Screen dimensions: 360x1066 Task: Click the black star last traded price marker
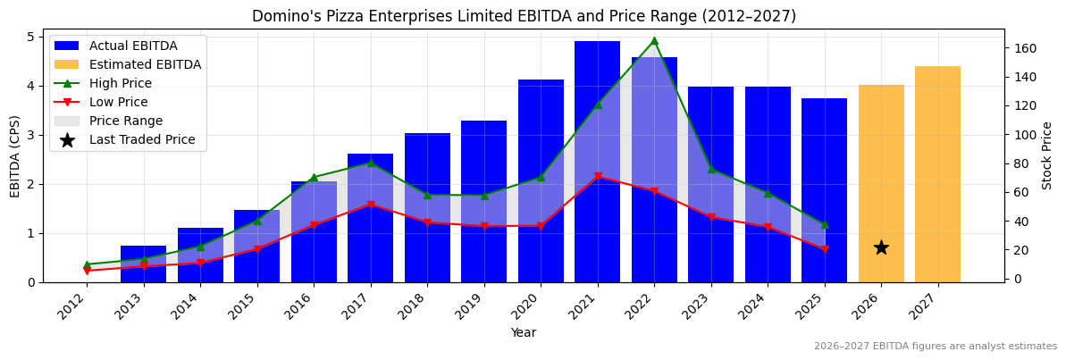tap(881, 247)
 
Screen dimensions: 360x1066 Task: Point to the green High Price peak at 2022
tap(654, 40)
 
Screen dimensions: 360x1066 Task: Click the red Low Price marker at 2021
tap(597, 177)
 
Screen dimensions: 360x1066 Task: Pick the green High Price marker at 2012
tap(87, 264)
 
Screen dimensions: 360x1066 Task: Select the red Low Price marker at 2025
tap(824, 249)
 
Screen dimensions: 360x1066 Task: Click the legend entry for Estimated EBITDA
tap(145, 64)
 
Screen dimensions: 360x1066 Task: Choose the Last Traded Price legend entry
tap(146, 139)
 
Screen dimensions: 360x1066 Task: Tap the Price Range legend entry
tap(125, 121)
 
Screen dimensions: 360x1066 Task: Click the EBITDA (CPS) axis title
tap(15, 155)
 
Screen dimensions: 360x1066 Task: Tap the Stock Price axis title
tap(1047, 155)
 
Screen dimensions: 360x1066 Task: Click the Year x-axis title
tap(524, 332)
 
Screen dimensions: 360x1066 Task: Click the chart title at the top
tap(524, 16)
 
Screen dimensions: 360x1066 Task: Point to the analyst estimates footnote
tap(935, 347)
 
